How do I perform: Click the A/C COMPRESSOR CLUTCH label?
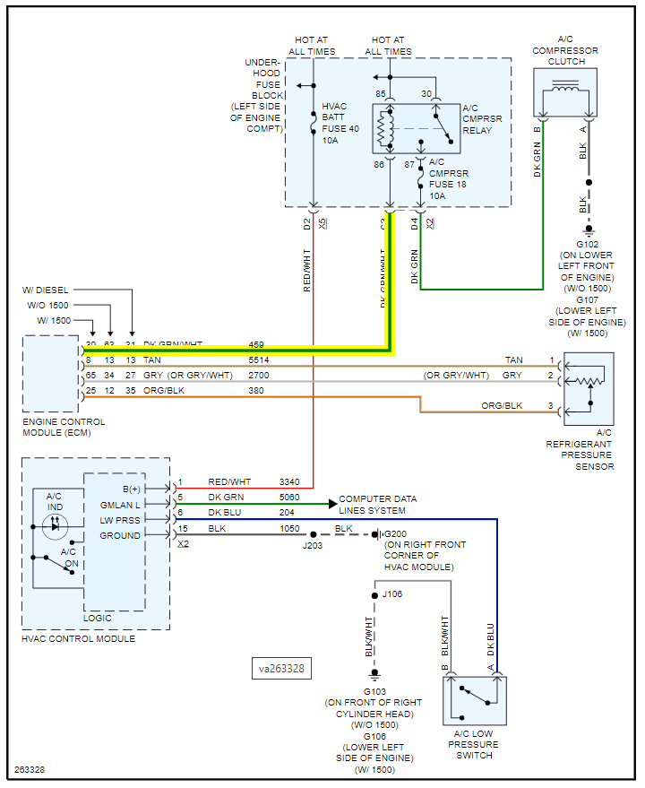(565, 50)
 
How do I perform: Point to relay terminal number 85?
(381, 95)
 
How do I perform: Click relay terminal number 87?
(410, 165)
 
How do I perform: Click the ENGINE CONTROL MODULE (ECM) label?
(64, 428)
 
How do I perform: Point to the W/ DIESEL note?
(46, 290)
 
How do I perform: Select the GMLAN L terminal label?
(120, 505)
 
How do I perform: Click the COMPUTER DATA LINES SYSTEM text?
(377, 505)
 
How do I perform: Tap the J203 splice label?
(313, 545)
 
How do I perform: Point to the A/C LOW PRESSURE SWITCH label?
(474, 743)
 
